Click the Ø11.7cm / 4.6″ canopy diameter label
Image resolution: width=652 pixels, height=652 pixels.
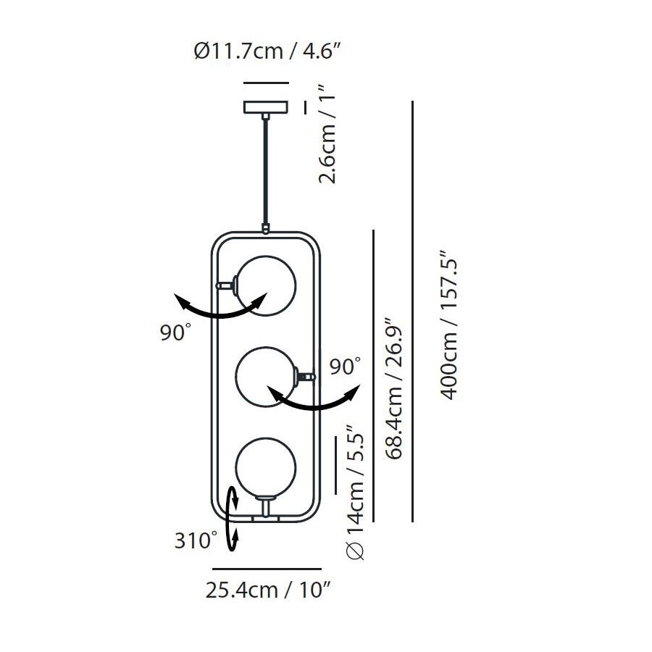(x=267, y=51)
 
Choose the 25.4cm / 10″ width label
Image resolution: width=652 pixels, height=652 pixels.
(x=268, y=590)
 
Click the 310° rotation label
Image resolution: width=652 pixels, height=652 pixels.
(x=196, y=540)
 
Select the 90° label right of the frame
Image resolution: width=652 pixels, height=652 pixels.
(x=345, y=366)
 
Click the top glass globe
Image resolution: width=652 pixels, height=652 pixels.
(x=266, y=285)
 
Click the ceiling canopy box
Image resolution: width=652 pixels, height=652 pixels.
(x=266, y=107)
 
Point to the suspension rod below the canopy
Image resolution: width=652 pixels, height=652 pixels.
(x=267, y=170)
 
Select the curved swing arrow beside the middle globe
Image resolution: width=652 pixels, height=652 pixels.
(x=314, y=401)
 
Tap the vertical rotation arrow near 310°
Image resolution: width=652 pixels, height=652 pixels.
(x=233, y=520)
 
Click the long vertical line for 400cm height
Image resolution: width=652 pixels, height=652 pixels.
(x=412, y=312)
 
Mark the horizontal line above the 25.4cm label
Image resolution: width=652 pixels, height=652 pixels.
(x=267, y=569)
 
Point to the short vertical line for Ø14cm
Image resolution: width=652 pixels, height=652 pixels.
(x=335, y=464)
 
